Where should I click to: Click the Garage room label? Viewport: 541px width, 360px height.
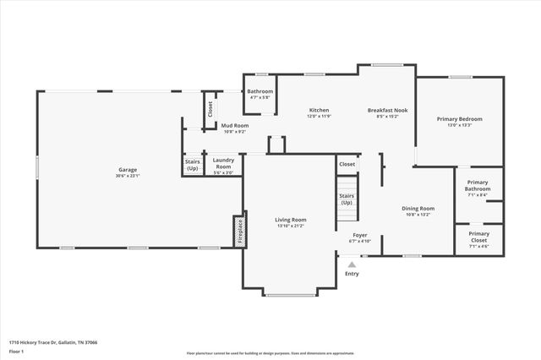(x=127, y=170)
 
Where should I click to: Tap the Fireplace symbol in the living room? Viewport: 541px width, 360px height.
(x=239, y=229)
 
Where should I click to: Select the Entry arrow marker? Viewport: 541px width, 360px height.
(x=352, y=264)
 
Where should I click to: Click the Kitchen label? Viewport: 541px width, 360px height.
(x=319, y=111)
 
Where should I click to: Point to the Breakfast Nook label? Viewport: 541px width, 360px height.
(x=387, y=111)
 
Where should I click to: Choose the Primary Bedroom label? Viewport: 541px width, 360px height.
(x=459, y=119)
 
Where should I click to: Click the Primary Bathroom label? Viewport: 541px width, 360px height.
(x=478, y=185)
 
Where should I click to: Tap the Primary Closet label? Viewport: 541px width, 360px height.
(x=478, y=236)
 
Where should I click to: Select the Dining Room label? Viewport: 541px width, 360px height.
(x=418, y=208)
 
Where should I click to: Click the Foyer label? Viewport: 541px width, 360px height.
(x=359, y=235)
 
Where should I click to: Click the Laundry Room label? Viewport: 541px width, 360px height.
(x=223, y=162)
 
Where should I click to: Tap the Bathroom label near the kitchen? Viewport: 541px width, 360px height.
(x=260, y=91)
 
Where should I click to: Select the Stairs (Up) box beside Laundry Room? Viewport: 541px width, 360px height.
(x=192, y=165)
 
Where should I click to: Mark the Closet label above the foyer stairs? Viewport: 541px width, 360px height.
(x=347, y=164)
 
